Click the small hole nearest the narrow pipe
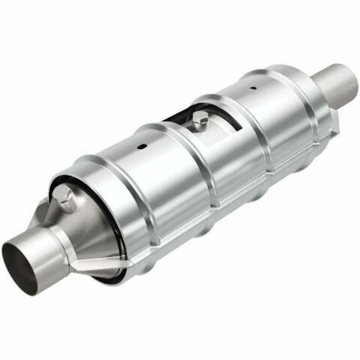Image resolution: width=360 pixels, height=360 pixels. tap(254, 87)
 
